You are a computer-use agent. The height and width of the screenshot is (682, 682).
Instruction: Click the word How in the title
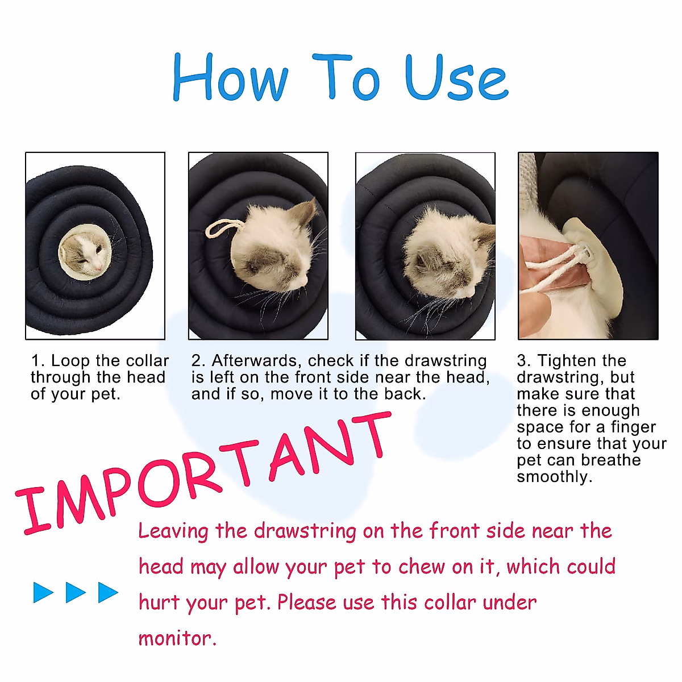230,78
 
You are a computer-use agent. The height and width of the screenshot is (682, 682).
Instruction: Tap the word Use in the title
456,78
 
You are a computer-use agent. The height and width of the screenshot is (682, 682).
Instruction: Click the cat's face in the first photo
85,253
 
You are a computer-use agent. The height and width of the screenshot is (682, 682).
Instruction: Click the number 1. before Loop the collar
38,361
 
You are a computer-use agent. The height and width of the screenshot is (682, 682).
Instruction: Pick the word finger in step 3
633,427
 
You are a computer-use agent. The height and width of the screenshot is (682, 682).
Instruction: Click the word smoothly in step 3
554,476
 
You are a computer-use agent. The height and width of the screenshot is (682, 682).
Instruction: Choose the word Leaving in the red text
173,531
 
